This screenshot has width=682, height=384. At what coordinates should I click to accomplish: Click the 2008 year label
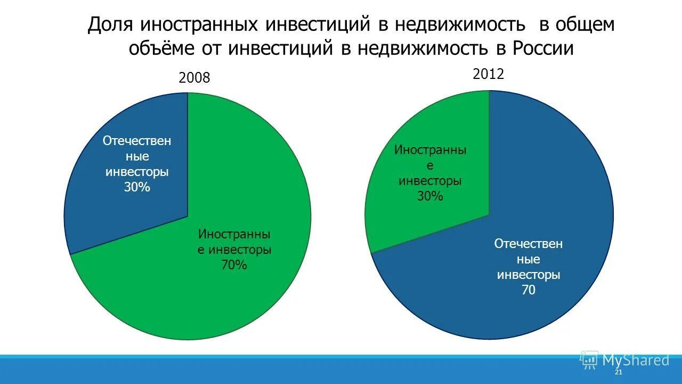(x=194, y=78)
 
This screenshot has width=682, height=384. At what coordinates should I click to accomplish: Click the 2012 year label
(x=488, y=74)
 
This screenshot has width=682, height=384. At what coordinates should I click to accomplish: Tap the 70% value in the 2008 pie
(x=234, y=265)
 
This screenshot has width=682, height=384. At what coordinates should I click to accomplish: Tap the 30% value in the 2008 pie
(x=137, y=187)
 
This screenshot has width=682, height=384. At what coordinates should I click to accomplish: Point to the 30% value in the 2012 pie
(x=430, y=196)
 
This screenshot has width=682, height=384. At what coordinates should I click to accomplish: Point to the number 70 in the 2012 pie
(x=528, y=290)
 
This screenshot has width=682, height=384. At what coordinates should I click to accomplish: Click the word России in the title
(x=543, y=48)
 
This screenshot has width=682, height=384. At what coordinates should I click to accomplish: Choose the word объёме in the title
(x=161, y=48)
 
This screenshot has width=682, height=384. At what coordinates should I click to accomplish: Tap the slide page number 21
(x=618, y=372)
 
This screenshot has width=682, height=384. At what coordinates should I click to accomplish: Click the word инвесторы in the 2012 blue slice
(x=528, y=275)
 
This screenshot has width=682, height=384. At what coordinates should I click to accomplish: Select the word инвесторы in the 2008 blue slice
(x=137, y=172)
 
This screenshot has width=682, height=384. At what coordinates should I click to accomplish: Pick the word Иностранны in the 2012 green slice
(x=430, y=150)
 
